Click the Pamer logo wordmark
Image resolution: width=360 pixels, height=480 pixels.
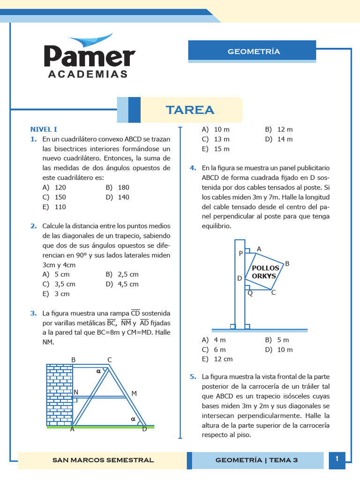[89, 56]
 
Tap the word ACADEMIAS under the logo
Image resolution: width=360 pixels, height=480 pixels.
[88, 75]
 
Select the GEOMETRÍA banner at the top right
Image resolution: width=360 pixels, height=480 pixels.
[254, 52]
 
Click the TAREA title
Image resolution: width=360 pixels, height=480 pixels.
[190, 110]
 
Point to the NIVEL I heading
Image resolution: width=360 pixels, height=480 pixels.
[44, 129]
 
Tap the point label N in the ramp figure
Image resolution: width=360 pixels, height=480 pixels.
[76, 392]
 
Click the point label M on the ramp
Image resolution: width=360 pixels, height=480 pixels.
[134, 393]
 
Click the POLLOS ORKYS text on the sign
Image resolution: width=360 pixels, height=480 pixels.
[265, 272]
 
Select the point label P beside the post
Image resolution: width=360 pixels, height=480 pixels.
[241, 254]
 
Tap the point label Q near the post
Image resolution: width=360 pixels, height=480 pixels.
[250, 293]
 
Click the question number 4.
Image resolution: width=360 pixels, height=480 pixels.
[193, 168]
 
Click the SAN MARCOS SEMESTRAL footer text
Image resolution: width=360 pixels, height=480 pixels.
[103, 460]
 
